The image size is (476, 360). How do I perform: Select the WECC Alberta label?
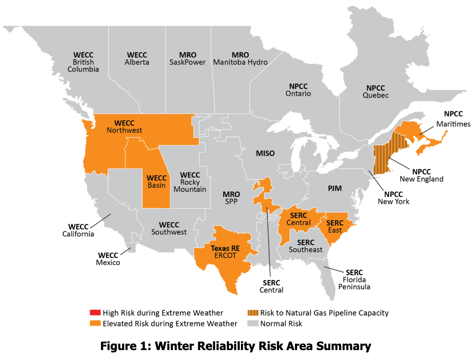(x=137, y=58)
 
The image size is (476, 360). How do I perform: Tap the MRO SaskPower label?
(x=187, y=58)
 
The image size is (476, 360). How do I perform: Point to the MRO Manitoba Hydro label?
(x=240, y=58)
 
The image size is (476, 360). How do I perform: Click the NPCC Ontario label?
(x=298, y=90)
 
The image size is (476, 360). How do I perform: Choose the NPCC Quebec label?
(x=375, y=91)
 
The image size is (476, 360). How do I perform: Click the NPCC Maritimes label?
(x=453, y=119)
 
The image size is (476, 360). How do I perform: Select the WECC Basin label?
(x=156, y=182)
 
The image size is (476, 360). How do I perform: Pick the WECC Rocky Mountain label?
(x=190, y=182)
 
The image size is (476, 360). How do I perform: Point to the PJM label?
(x=334, y=189)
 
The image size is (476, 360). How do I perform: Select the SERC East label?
(x=334, y=226)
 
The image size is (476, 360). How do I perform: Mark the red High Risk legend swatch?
(x=95, y=313)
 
